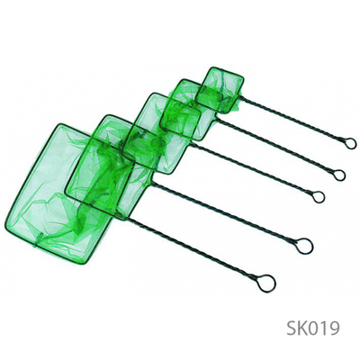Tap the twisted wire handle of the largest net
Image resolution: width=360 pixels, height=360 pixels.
195,249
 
